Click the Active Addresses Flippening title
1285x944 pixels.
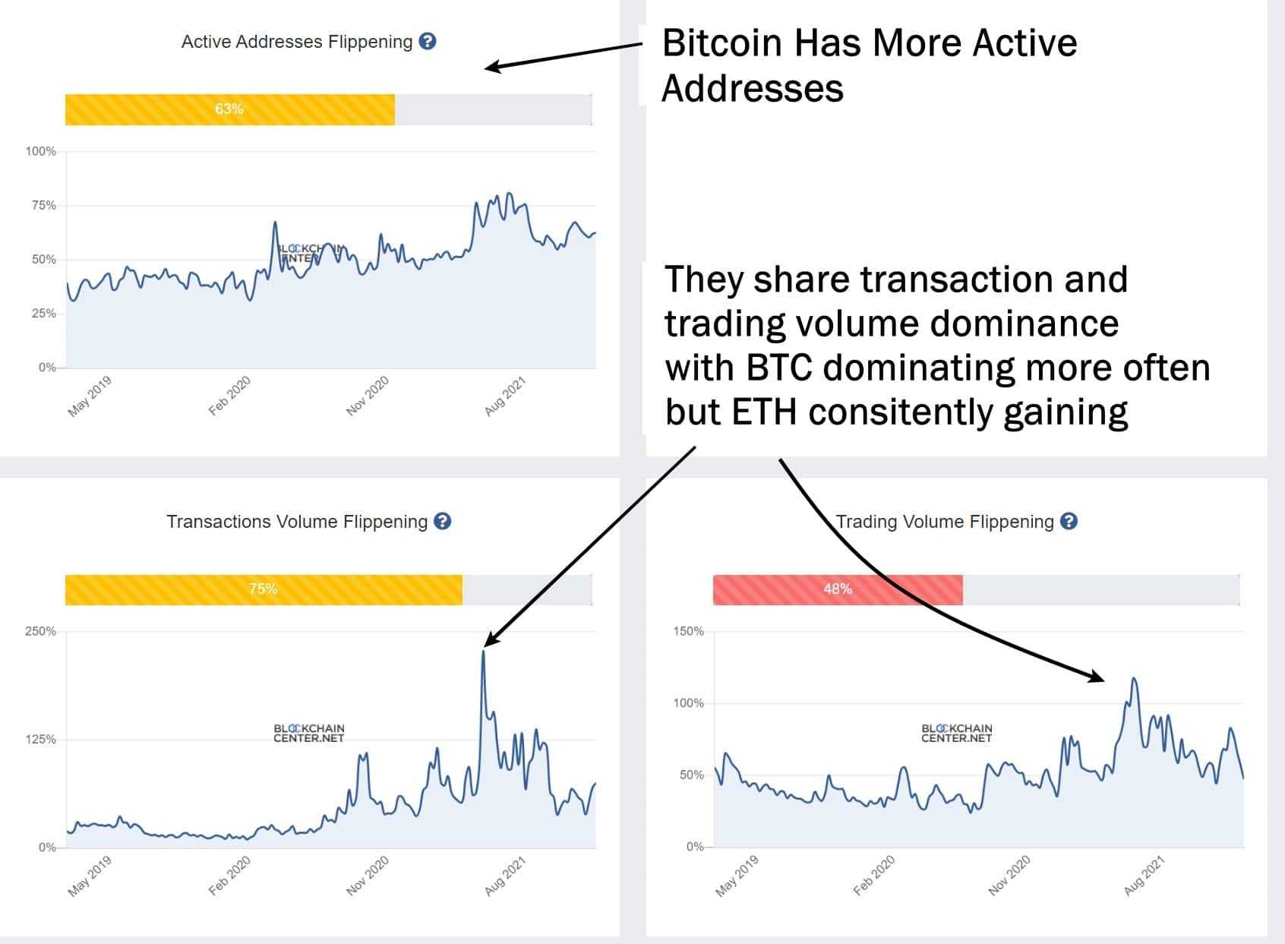coord(296,42)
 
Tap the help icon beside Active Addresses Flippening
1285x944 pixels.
coord(428,41)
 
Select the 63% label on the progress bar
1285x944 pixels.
coord(229,109)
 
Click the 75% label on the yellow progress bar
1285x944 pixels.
coord(263,589)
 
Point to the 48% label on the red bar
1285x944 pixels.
coord(837,589)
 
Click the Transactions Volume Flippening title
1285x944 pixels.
coord(297,522)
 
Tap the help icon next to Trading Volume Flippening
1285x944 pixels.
coord(1069,521)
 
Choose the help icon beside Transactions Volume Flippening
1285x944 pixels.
coord(442,521)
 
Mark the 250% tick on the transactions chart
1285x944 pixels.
coord(41,631)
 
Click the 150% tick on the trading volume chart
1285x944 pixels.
coord(688,631)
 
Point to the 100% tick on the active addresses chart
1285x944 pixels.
coord(41,151)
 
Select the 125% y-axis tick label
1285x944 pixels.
coord(41,739)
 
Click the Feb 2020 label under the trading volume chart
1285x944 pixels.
coord(874,876)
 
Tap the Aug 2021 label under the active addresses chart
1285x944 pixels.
coord(505,396)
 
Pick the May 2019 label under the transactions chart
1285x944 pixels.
coord(90,876)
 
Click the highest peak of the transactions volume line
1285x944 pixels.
coord(483,652)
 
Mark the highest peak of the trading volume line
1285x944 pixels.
coord(1134,679)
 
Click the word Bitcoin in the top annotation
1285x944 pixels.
coord(722,43)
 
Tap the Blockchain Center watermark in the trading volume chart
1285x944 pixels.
coord(956,733)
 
